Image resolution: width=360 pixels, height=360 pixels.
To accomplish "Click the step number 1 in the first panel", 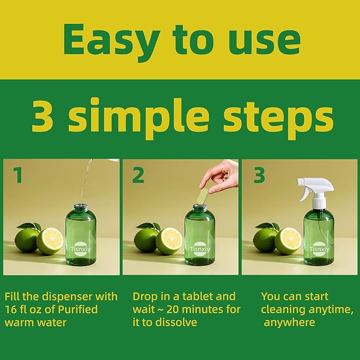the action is (18, 175).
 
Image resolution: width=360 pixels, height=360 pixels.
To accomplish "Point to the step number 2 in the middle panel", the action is (138, 175).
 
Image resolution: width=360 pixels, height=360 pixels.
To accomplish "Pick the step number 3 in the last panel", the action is (259, 175).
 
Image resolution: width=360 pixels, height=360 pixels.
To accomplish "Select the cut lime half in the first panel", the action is (50, 241).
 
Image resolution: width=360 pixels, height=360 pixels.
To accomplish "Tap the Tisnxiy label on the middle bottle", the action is (200, 249).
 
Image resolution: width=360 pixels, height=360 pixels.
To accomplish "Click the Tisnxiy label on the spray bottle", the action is (319, 249).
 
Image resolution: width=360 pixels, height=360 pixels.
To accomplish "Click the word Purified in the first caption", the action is (78, 310).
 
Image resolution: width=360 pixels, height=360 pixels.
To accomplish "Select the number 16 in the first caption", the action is (10, 310).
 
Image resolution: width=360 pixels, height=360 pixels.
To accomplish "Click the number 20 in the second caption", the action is (174, 310).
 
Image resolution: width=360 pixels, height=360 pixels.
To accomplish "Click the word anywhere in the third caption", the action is (289, 323).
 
